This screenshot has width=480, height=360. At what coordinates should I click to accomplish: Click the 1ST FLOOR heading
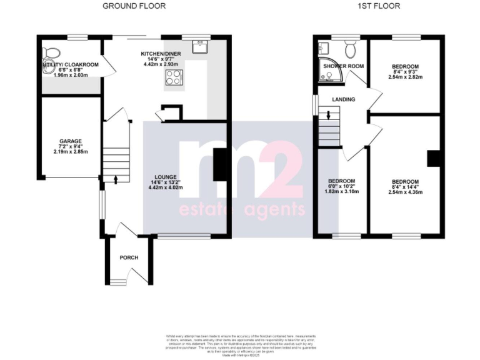[x=379, y=6]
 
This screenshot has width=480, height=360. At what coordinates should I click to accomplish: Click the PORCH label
[x=129, y=257]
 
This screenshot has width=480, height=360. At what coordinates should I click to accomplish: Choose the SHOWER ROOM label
[x=343, y=66]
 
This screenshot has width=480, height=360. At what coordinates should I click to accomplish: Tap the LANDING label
[x=344, y=99]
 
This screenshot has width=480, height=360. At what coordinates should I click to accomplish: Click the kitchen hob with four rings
[x=172, y=77]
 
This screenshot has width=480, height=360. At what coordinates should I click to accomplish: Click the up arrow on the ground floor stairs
[x=116, y=179]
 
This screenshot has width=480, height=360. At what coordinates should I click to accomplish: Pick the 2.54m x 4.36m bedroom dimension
[x=405, y=192]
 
